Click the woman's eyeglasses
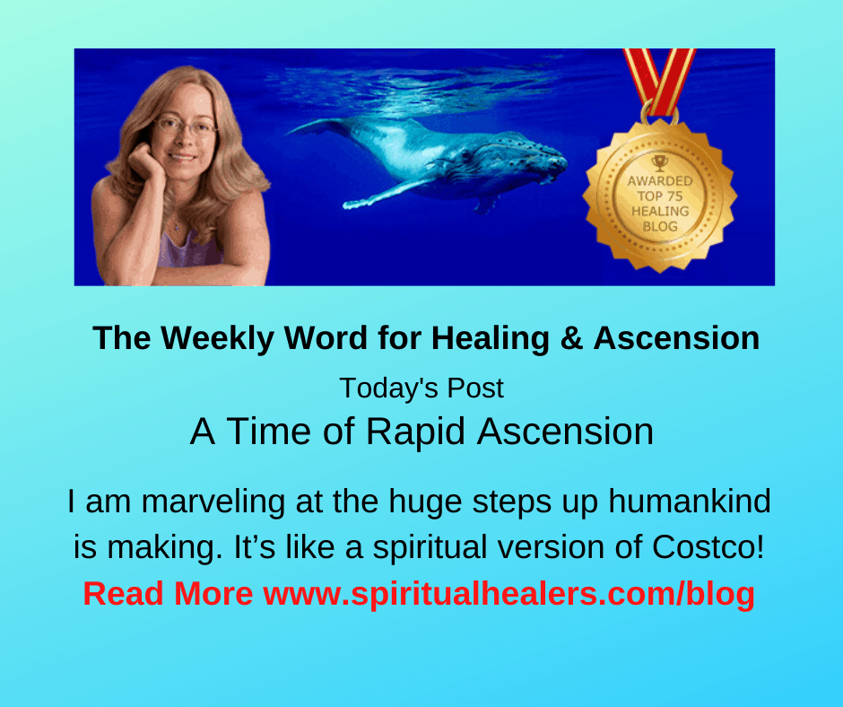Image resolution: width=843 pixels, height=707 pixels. click(x=186, y=127)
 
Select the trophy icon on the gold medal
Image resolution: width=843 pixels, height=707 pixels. click(x=660, y=162)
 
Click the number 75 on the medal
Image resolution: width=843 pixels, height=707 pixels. click(x=674, y=196)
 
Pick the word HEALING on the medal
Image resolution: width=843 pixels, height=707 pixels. click(x=660, y=211)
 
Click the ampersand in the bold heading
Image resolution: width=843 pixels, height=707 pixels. click(x=571, y=338)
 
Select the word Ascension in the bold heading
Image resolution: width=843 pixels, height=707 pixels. click(x=676, y=338)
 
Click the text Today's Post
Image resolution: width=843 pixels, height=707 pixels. click(x=421, y=388)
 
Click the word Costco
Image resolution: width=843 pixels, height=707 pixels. click(x=708, y=546)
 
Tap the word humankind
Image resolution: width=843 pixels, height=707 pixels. click(x=690, y=502)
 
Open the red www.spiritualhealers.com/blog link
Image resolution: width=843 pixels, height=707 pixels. click(x=508, y=595)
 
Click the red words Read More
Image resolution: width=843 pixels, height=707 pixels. click(x=168, y=593)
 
